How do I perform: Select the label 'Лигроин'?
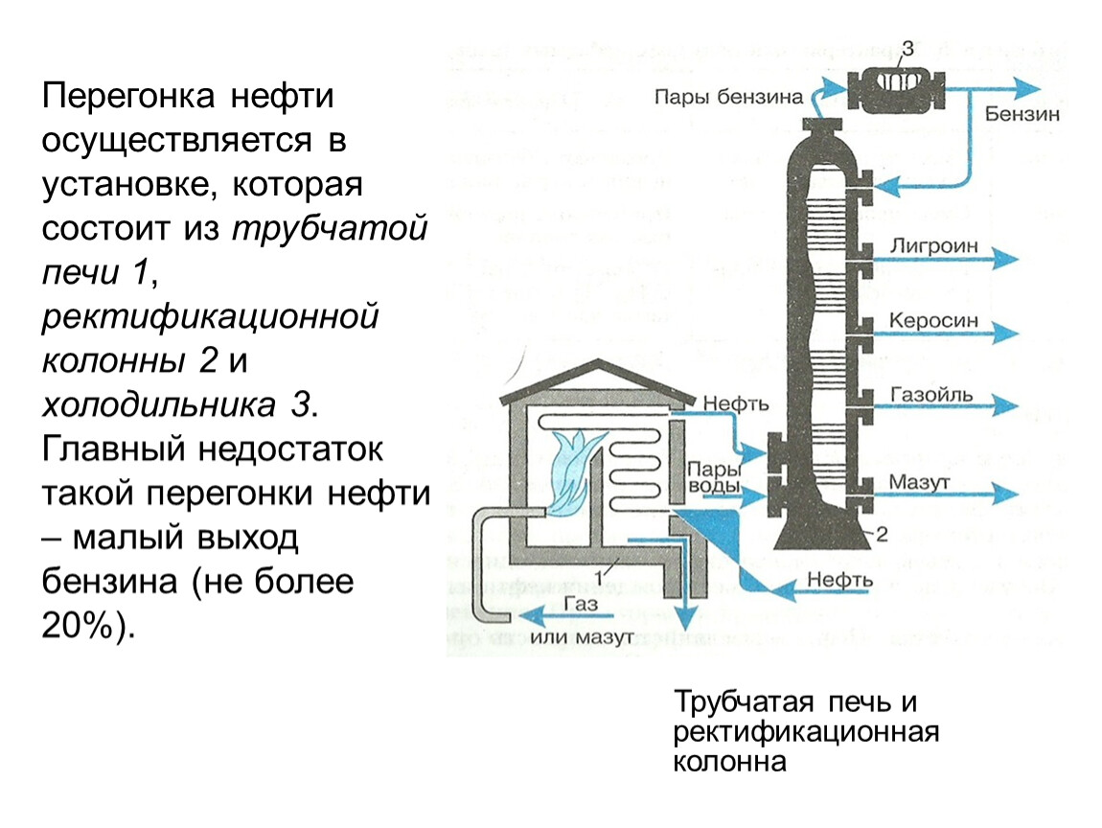click(933, 245)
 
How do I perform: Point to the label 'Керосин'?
click(933, 320)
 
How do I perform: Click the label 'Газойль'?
click(931, 394)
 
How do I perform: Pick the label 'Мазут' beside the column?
click(918, 482)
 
